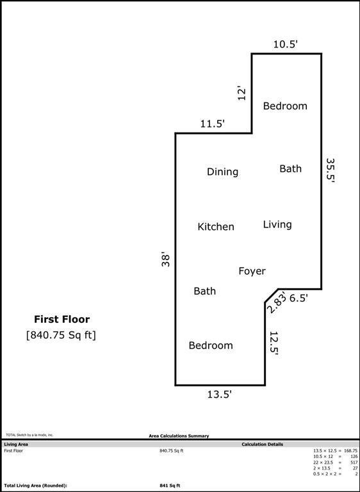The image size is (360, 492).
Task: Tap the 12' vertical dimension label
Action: [x=241, y=94]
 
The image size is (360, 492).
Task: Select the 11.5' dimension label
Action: [x=213, y=124]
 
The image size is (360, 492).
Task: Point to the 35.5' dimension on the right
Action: [x=331, y=170]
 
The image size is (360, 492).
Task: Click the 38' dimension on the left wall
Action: [x=166, y=259]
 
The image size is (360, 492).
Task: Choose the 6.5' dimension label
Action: [x=299, y=298]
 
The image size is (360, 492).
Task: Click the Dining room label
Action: [x=222, y=172]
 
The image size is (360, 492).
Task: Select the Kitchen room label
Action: [x=215, y=227]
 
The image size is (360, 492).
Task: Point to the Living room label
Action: [x=277, y=224]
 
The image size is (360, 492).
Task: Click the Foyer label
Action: [x=252, y=272]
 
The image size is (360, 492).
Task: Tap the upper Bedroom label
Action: [x=285, y=106]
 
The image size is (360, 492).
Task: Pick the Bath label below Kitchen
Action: [x=204, y=291]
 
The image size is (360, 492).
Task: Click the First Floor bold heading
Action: [x=61, y=319]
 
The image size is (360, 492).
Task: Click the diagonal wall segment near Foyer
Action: [x=271, y=295]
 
